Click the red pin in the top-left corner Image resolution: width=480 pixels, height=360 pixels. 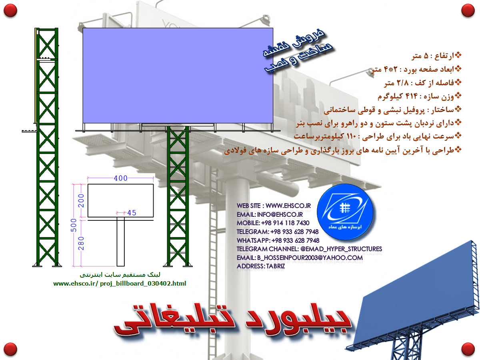click(10, 10)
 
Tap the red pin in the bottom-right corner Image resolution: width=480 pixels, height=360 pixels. click(468, 349)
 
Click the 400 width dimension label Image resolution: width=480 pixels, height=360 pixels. click(120, 178)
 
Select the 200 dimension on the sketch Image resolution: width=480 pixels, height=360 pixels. click(81, 201)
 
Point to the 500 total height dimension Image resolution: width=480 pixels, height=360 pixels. click(74, 225)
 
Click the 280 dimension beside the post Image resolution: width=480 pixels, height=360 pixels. click(81, 243)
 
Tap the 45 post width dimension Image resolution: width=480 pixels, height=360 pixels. click(132, 213)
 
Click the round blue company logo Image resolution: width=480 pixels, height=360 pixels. click(345, 212)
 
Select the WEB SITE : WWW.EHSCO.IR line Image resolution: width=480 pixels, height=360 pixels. click(274, 206)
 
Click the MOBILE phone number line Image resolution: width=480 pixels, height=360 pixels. click(273, 223)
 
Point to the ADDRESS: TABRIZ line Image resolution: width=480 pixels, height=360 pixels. click(261, 266)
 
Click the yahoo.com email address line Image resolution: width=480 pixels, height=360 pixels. click(300, 258)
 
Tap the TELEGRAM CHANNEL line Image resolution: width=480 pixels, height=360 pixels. click(309, 249)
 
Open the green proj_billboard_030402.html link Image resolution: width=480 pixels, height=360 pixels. click(120, 284)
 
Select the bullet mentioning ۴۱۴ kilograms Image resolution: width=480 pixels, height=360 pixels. click(420, 96)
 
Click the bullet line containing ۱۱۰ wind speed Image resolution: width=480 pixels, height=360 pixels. click(378, 136)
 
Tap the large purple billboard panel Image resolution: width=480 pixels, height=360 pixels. click(178, 76)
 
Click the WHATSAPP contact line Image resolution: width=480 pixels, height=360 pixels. click(278, 240)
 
